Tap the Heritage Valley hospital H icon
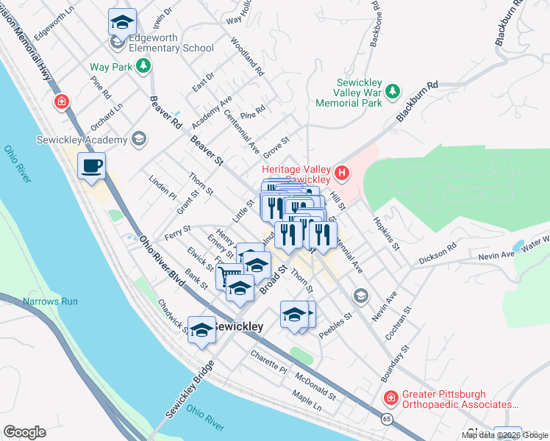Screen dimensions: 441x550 coord(342,173)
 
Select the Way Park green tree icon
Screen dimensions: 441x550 coord(145,67)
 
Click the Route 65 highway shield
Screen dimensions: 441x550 coord(386,418)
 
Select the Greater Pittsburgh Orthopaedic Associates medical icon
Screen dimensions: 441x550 coord(390,398)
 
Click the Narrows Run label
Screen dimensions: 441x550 coord(50,301)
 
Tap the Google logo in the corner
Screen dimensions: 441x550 coord(24,432)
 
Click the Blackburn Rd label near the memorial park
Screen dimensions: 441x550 coord(417,102)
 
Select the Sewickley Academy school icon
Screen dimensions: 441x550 coord(137,140)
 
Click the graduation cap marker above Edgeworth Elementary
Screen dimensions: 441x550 coord(122,22)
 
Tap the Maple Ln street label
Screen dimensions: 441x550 coord(307,401)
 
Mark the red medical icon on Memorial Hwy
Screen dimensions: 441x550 coord(61,101)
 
